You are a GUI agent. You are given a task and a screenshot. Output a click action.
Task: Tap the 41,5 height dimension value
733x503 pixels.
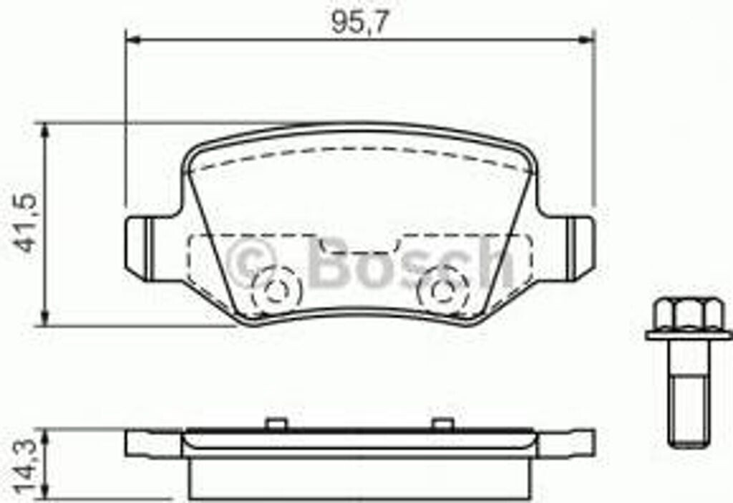point(27,223)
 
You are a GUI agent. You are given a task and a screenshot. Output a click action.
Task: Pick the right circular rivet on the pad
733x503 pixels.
point(441,289)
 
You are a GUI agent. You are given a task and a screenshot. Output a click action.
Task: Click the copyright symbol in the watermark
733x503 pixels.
point(250,261)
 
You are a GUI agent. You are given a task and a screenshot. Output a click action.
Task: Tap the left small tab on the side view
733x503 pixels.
point(272,424)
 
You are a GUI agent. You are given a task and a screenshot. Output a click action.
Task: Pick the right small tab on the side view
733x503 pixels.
point(441,424)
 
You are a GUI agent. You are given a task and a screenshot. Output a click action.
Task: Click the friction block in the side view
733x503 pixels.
point(358,477)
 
